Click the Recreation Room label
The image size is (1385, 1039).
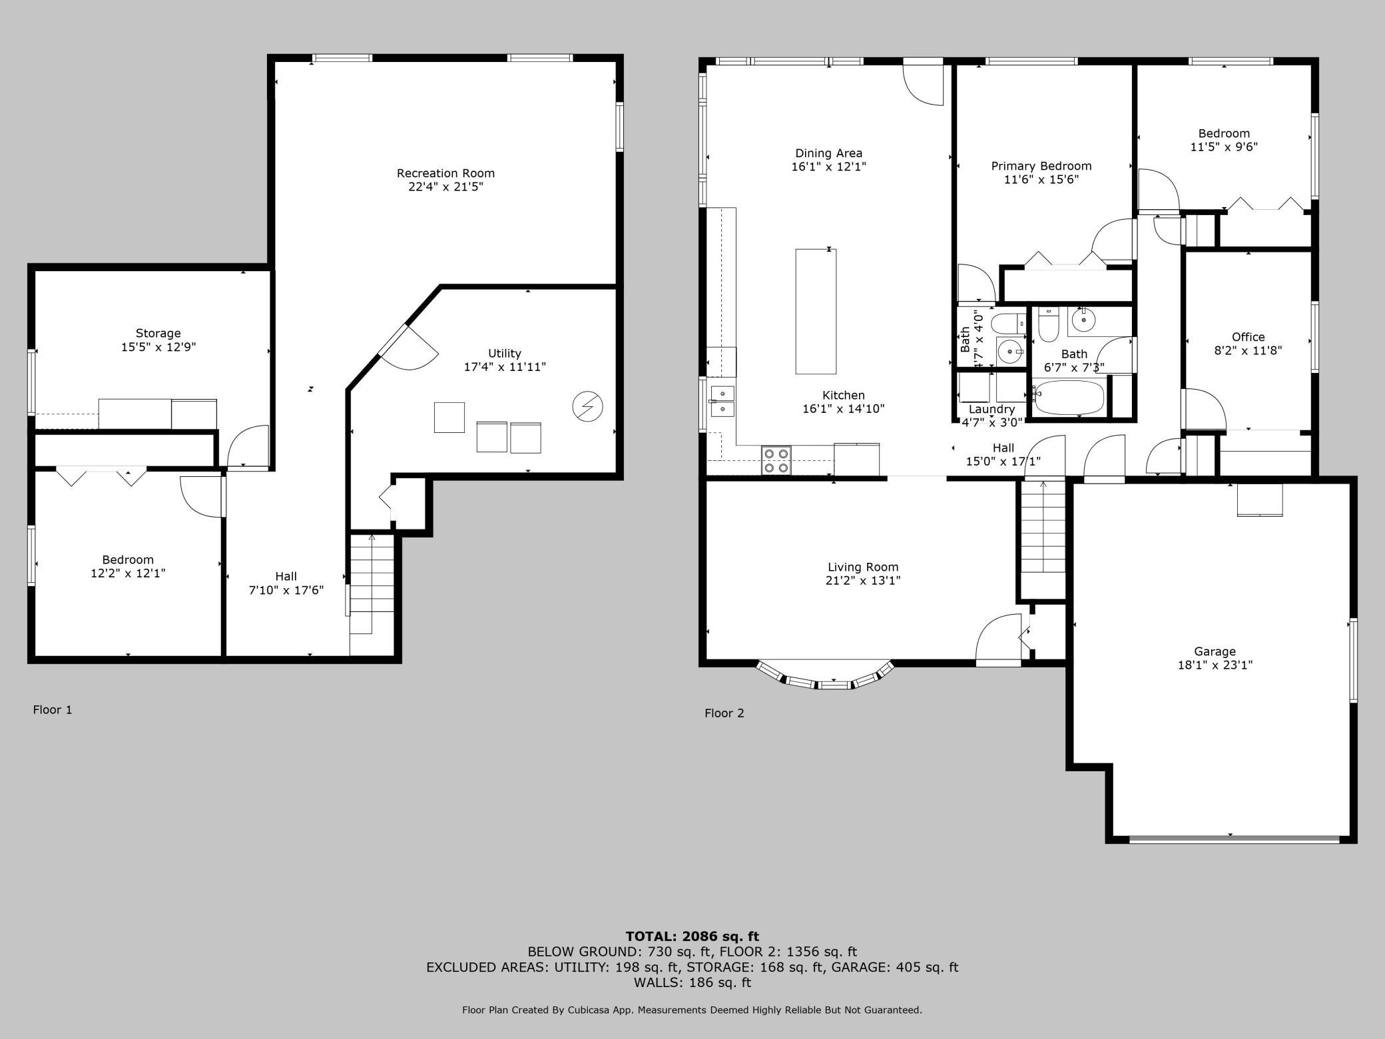445,173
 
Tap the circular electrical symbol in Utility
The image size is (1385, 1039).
588,406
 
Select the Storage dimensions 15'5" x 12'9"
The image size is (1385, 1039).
158,347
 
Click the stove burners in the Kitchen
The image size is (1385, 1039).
776,460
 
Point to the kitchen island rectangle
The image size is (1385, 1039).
816,311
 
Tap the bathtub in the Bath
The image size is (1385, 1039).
1068,398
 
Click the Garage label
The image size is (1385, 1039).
1215,651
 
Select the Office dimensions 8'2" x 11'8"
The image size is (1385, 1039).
1248,350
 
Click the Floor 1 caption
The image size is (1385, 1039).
53,710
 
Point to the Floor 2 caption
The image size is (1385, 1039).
724,713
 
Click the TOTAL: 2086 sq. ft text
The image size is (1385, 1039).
692,936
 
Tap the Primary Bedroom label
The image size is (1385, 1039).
1041,166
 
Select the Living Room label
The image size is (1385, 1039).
863,567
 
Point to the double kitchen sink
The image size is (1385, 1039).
722,401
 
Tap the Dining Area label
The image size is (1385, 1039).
829,153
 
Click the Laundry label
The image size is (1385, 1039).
992,409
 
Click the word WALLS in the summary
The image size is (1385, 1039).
657,982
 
